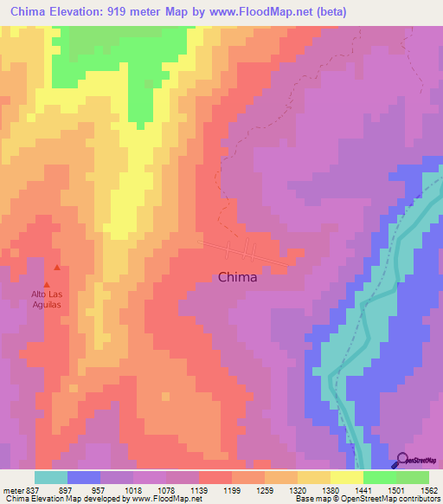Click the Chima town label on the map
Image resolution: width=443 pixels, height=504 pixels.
tap(238, 279)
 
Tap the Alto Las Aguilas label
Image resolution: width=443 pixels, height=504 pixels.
tap(47, 300)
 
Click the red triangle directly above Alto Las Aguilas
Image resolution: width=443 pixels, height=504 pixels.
tap(47, 282)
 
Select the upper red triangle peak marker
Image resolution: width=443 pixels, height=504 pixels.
tap(57, 268)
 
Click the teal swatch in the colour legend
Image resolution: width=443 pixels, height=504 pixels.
tap(51, 477)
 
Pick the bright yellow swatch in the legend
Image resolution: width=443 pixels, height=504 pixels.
tap(346, 477)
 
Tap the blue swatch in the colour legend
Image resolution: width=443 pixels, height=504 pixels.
tap(84, 477)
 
